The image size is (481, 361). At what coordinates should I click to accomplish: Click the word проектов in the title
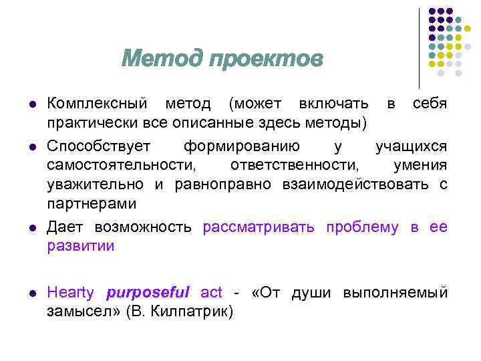[x=265, y=60]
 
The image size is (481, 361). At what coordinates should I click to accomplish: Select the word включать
[x=333, y=104]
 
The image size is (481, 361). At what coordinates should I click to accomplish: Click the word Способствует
[x=99, y=145]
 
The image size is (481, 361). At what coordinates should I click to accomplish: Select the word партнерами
[x=92, y=204]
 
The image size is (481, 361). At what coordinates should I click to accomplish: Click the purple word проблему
[x=362, y=227]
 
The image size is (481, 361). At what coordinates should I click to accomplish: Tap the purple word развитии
[x=81, y=246]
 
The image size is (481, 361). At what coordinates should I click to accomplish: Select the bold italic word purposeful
[x=148, y=292]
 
